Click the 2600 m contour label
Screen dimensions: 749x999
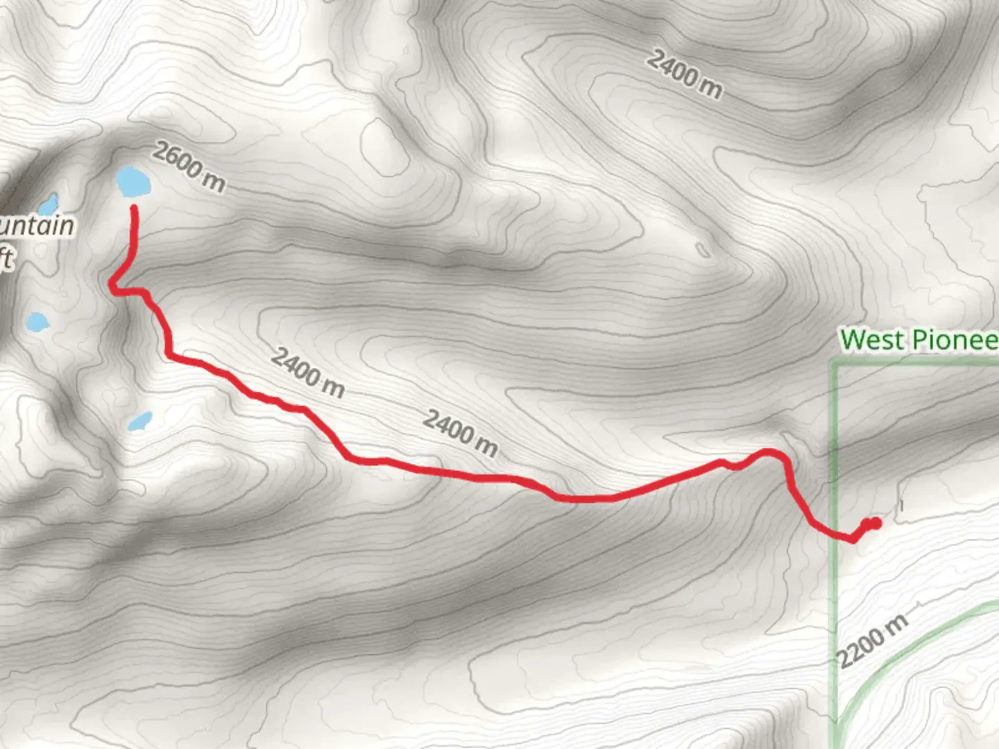(189, 167)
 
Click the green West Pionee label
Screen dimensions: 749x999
(919, 340)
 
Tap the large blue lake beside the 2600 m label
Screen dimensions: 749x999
(133, 182)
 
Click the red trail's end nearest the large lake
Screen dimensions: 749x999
(134, 208)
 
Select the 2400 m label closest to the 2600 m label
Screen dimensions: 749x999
(307, 372)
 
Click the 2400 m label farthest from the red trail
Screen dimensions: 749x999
(685, 74)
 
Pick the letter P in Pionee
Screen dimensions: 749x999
(920, 340)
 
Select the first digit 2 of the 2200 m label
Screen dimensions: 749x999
(846, 658)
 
